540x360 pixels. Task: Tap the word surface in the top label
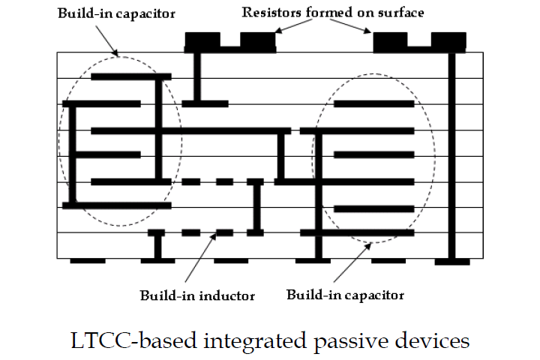(399, 13)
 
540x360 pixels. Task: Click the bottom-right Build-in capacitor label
(345, 295)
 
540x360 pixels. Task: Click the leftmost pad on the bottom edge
(88, 261)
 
